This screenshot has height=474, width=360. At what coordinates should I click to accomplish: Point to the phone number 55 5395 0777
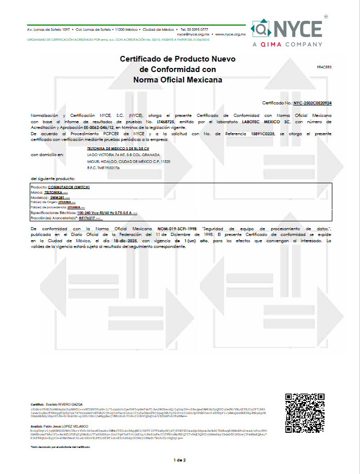[x=197, y=30]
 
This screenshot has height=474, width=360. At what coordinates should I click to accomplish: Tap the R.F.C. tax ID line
[x=102, y=168]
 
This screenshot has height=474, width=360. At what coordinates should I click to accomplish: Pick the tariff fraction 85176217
[x=79, y=218]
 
